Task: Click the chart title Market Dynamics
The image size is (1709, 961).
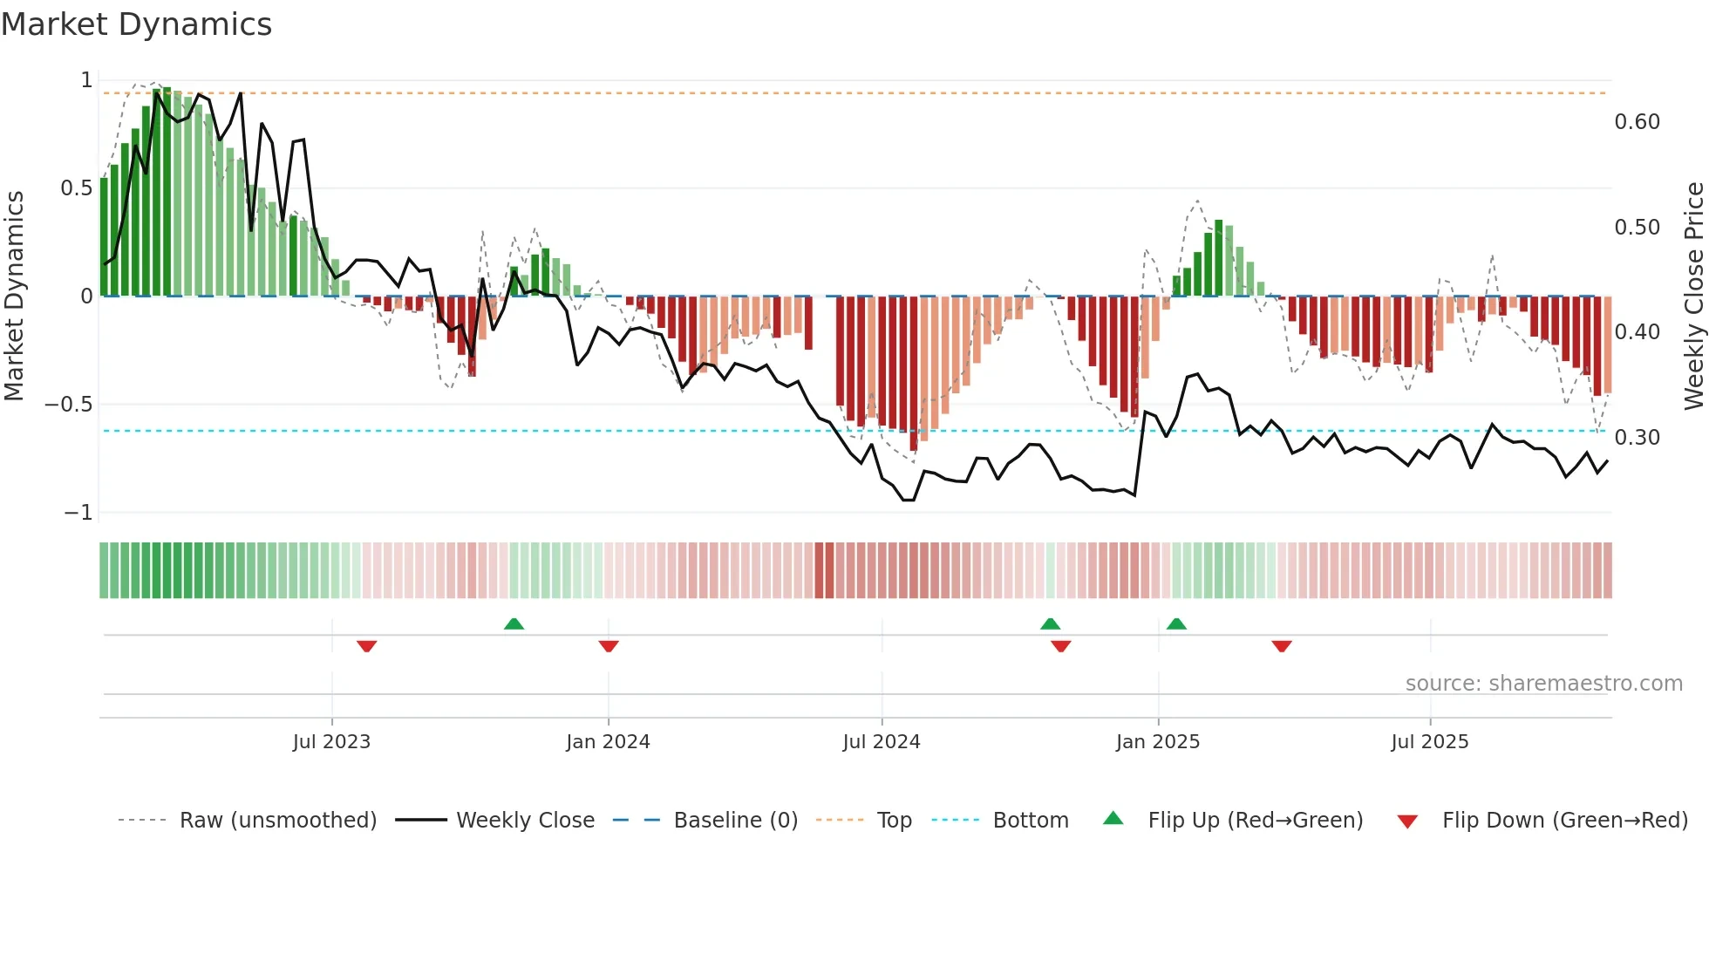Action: pyautogui.click(x=136, y=24)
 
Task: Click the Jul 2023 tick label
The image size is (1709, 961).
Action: pyautogui.click(x=331, y=742)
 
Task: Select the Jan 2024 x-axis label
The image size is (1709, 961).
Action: pyautogui.click(x=608, y=742)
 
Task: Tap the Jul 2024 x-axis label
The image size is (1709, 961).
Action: pyautogui.click(x=881, y=742)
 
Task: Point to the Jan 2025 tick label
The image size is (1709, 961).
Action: pyautogui.click(x=1158, y=742)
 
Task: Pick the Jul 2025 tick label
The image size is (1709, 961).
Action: pyautogui.click(x=1429, y=742)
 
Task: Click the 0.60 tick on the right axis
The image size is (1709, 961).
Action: pyautogui.click(x=1637, y=122)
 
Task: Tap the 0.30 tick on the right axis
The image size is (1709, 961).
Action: pyautogui.click(x=1637, y=438)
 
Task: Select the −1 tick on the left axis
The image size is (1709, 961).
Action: pyautogui.click(x=78, y=513)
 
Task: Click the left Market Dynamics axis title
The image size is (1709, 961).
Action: pyautogui.click(x=14, y=296)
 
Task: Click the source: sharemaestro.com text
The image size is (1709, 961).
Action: pyautogui.click(x=1543, y=684)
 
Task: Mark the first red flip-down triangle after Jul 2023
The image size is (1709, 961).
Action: pyautogui.click(x=366, y=646)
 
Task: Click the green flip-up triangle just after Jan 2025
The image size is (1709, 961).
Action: pyautogui.click(x=1176, y=624)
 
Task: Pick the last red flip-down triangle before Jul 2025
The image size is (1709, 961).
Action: pyautogui.click(x=1281, y=646)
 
